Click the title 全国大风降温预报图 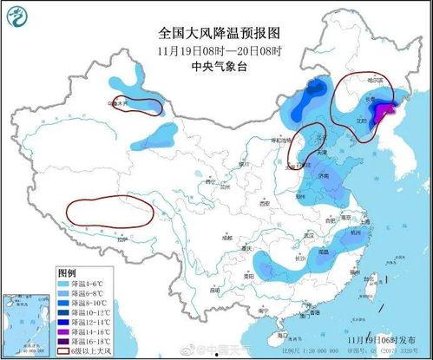point(216,34)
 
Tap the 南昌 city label point(324,252)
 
